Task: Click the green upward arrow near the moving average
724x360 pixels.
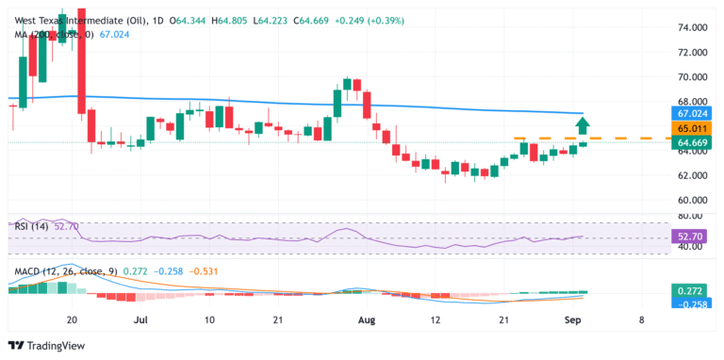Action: coord(584,124)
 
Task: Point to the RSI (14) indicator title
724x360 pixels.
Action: coord(32,226)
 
